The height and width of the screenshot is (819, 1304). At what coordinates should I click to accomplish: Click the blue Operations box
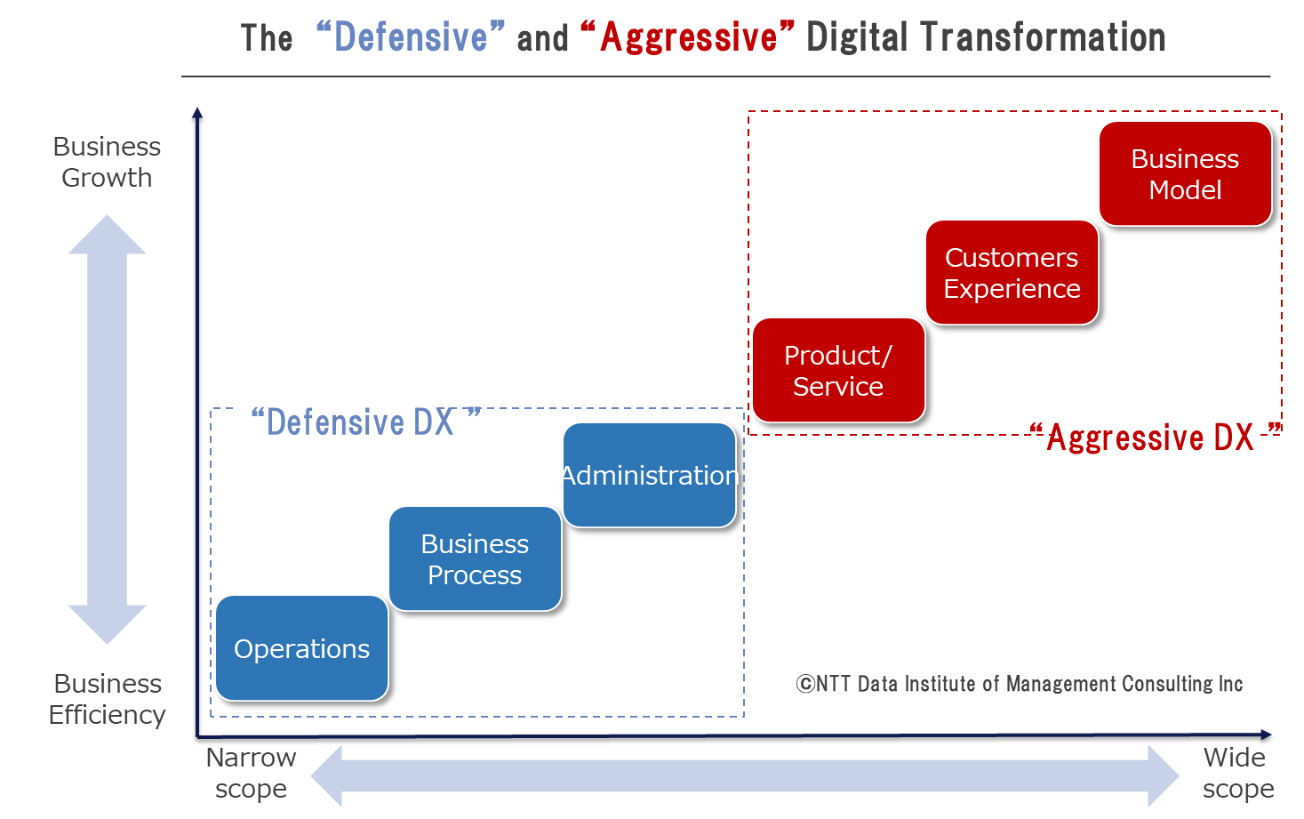click(301, 647)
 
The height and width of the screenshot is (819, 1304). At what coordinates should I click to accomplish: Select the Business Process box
click(475, 558)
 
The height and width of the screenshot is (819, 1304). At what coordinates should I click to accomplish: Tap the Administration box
click(649, 476)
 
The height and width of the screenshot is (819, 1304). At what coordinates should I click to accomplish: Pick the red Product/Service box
click(838, 371)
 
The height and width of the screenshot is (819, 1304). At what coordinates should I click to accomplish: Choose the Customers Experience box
click(1012, 273)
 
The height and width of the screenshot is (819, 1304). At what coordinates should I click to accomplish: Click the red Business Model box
click(1185, 173)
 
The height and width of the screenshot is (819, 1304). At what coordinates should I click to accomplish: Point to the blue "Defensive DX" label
click(365, 422)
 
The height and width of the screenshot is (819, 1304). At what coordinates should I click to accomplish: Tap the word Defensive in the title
click(411, 36)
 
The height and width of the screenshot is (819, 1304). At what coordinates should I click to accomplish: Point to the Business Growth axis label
click(108, 162)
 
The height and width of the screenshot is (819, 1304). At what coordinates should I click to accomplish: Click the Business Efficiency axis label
click(108, 699)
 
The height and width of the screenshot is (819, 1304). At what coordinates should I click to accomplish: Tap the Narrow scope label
click(251, 773)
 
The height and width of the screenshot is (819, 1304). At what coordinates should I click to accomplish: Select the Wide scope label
click(1238, 773)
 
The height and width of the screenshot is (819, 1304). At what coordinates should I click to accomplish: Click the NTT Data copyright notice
click(1020, 683)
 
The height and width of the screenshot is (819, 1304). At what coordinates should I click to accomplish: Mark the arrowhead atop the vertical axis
click(197, 113)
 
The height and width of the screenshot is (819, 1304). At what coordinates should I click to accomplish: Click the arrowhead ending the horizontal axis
click(1266, 735)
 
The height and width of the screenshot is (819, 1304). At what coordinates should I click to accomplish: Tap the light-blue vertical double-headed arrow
click(108, 430)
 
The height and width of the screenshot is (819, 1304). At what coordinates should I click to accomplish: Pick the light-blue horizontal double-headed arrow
click(745, 776)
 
